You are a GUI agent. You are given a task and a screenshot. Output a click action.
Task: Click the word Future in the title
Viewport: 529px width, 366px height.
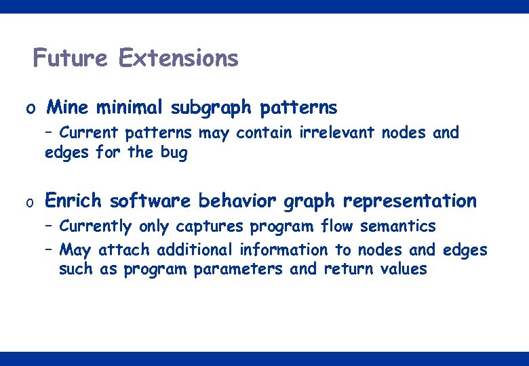coord(70,58)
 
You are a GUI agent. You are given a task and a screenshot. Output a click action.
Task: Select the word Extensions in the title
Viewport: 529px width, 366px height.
coord(178,58)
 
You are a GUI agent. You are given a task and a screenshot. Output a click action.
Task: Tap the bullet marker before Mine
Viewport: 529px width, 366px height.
coord(30,108)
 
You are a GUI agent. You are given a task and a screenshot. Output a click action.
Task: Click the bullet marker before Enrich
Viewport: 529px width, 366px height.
coord(30,202)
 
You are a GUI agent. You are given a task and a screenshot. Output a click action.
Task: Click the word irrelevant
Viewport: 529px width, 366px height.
coord(337,133)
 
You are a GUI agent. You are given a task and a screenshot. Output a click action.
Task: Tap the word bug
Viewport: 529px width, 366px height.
coord(174,152)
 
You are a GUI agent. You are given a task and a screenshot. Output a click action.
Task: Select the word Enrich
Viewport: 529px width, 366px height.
coord(73,201)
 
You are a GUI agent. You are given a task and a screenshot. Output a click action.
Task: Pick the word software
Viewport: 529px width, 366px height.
coord(151,201)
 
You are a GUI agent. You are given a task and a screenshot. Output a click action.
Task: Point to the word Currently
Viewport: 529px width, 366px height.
coord(97,226)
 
